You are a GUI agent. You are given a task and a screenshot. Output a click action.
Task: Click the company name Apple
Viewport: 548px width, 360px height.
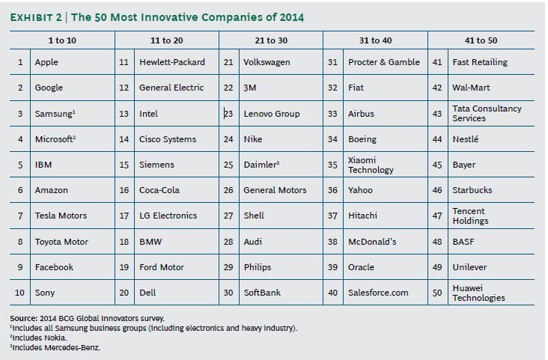click(46, 62)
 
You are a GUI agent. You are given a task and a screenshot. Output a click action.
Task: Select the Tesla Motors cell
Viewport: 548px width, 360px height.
click(61, 216)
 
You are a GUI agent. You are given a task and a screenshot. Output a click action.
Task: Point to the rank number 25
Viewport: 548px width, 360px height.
click(228, 165)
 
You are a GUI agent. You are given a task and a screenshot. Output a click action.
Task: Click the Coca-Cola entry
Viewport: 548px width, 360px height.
click(159, 190)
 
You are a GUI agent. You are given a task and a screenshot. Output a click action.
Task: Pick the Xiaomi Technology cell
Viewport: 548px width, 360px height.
click(365, 165)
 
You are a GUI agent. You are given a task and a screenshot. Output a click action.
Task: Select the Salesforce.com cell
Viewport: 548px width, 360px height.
click(378, 293)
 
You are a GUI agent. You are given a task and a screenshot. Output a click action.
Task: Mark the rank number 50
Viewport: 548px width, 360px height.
click(437, 293)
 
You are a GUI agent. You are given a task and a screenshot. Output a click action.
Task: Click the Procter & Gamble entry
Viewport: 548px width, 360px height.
click(384, 62)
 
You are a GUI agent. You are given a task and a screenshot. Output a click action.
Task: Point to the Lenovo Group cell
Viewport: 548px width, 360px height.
click(271, 114)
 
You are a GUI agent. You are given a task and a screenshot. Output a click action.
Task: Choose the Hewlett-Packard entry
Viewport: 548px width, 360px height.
click(172, 62)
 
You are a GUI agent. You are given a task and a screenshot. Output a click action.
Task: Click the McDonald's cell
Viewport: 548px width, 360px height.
click(373, 242)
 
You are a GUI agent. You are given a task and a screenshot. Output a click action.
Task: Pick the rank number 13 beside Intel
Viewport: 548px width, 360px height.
click(124, 114)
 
